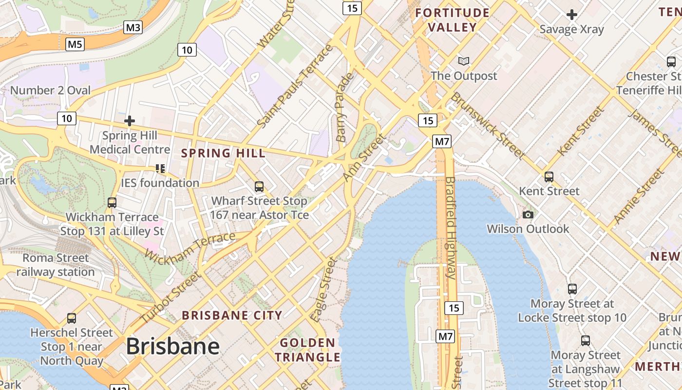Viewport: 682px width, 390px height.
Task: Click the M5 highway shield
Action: point(75,44)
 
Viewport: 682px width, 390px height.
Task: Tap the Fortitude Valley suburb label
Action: point(452,20)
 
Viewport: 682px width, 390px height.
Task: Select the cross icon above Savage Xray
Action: point(572,15)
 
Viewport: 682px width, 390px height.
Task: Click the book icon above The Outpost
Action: point(464,61)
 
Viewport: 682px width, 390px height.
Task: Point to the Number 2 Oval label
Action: point(50,90)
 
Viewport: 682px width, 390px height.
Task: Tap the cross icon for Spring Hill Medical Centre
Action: point(130,120)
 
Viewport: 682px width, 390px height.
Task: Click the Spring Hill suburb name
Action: point(224,153)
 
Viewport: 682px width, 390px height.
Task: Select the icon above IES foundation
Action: point(160,169)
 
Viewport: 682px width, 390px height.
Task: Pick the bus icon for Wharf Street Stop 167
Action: point(259,186)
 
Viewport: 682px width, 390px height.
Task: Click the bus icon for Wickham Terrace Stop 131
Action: point(112,202)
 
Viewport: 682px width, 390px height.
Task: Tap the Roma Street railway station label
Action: point(56,265)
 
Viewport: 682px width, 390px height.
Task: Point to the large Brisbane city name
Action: point(172,346)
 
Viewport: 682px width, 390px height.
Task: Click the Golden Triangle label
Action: point(307,350)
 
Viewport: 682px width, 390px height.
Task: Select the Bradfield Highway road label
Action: point(450,228)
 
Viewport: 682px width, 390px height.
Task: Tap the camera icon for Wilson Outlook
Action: point(528,214)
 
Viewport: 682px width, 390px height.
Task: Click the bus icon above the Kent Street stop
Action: point(549,176)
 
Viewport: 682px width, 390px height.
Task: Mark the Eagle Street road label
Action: point(325,290)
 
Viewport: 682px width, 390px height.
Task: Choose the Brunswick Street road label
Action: point(487,125)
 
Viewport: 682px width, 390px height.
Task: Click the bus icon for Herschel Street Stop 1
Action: point(72,318)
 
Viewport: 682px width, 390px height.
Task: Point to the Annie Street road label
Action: point(639,196)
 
